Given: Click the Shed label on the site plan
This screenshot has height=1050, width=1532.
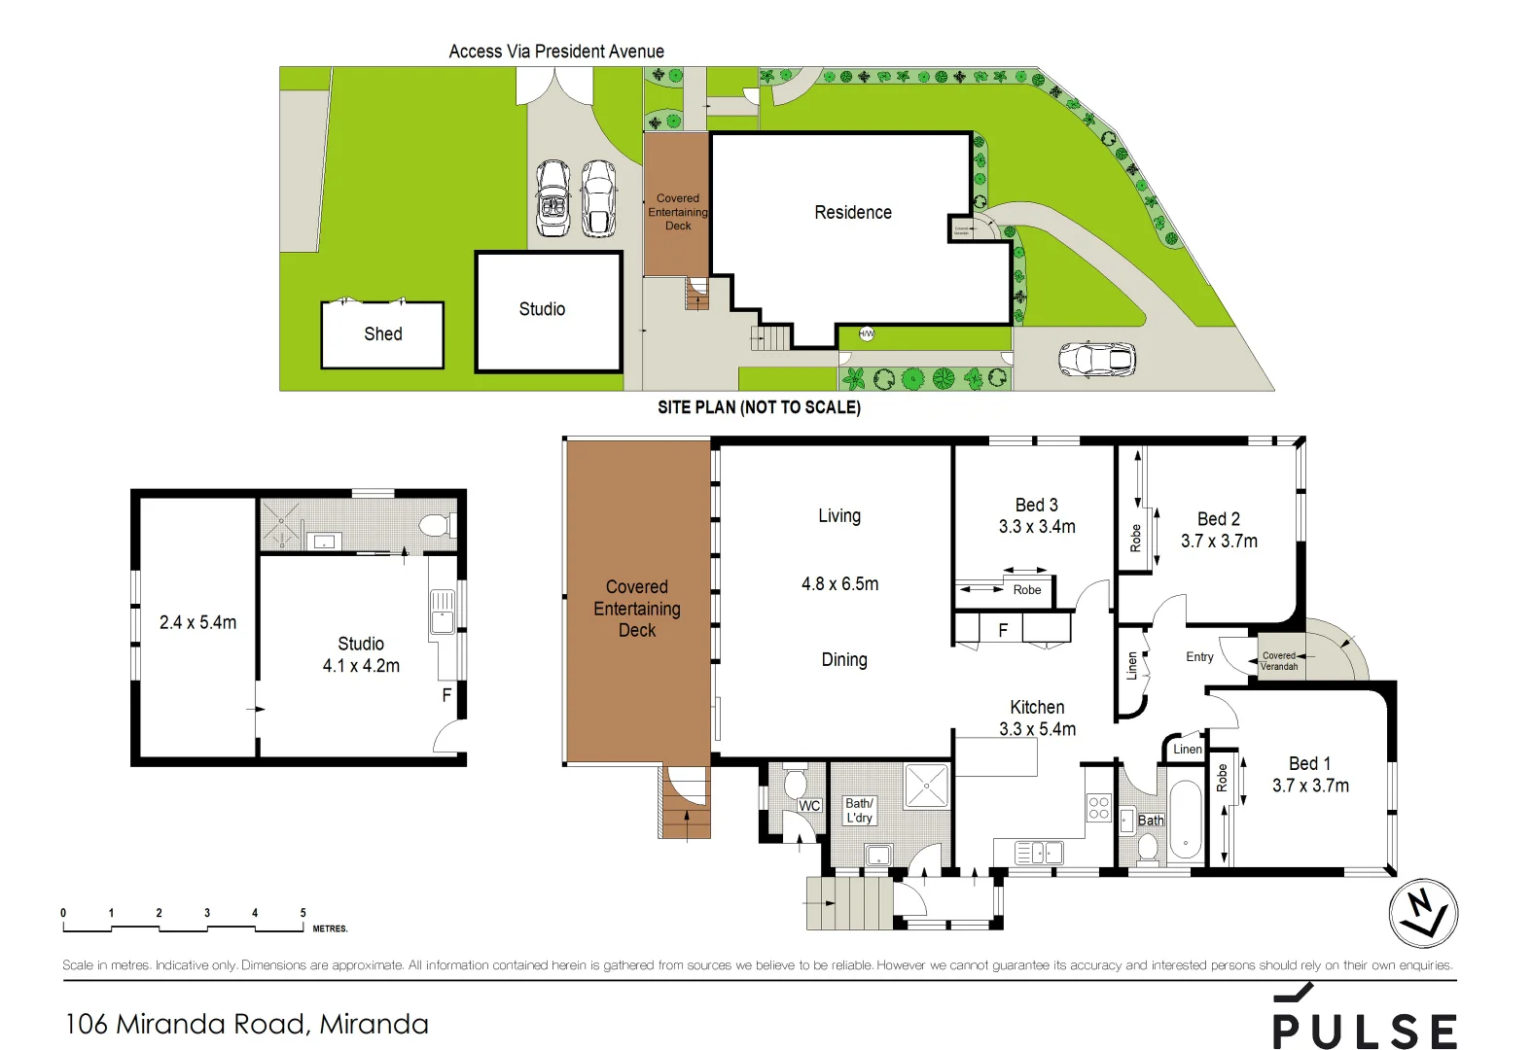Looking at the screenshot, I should [382, 333].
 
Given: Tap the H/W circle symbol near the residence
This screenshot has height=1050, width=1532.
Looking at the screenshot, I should [866, 333].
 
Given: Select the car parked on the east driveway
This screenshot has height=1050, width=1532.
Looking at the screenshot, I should [1096, 359].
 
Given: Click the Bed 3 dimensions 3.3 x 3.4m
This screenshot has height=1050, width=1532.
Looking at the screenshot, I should [1037, 527].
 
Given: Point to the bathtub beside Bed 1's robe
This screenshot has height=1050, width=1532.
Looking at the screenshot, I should [1185, 821].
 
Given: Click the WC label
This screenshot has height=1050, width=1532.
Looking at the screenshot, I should [809, 806].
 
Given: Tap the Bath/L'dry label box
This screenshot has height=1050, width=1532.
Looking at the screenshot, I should [859, 810].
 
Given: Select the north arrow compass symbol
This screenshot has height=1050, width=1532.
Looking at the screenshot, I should [1423, 913].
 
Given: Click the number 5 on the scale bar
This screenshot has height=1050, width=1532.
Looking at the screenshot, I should [303, 913].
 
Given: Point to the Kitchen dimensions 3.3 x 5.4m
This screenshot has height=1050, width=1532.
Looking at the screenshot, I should [1037, 729].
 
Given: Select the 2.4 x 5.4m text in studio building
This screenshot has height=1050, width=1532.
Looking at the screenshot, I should [197, 622].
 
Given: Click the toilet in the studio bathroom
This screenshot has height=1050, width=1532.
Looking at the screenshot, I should [435, 526].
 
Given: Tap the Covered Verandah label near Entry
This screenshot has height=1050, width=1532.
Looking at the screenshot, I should [1278, 661].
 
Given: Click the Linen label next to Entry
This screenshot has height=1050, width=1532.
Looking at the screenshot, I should [1131, 666].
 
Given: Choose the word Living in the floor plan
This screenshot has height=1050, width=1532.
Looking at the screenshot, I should [838, 515].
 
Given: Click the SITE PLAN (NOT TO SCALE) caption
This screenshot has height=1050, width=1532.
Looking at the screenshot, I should [759, 407].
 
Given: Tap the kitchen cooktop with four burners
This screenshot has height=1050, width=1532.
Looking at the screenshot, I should [1098, 808].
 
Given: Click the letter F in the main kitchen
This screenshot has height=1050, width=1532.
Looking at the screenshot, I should [1003, 630].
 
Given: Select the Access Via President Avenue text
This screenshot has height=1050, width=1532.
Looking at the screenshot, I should [556, 52].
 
